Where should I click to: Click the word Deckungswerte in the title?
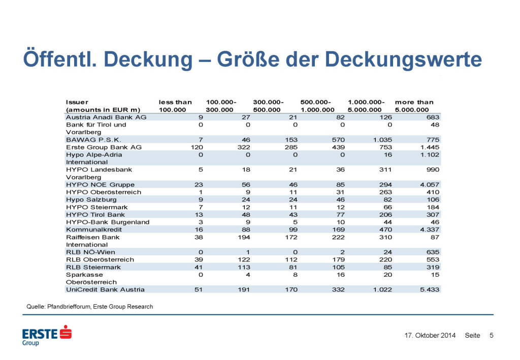pyautogui.click(x=403, y=59)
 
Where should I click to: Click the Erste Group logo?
pyautogui.click(x=46, y=335)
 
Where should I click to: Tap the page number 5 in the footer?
pyautogui.click(x=491, y=336)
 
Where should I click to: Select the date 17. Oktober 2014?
pyautogui.click(x=430, y=336)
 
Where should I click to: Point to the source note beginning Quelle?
pyautogui.click(x=89, y=307)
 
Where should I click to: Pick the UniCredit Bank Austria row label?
pyautogui.click(x=105, y=289)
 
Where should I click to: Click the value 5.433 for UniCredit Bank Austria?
pyautogui.click(x=430, y=289)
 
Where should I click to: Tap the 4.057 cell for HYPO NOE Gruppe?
pyautogui.click(x=430, y=184)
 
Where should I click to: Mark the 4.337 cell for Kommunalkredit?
pyautogui.click(x=430, y=230)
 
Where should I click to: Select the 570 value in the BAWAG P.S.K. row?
pyautogui.click(x=337, y=139)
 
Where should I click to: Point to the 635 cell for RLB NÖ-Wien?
pyautogui.click(x=433, y=252)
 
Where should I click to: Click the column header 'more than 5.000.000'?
pyautogui.click(x=414, y=106)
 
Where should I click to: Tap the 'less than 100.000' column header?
pyautogui.click(x=175, y=106)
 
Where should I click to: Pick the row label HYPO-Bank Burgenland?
pyautogui.click(x=108, y=222)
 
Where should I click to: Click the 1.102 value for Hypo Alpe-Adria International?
pyautogui.click(x=430, y=154)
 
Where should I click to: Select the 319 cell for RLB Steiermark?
pyautogui.click(x=433, y=267)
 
